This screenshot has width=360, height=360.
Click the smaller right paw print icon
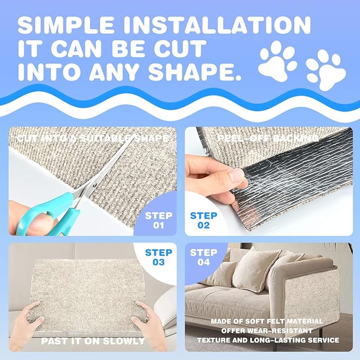[x=325, y=68]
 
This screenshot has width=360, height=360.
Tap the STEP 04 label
[x=204, y=257]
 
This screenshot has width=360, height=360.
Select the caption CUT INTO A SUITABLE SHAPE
[x=92, y=138]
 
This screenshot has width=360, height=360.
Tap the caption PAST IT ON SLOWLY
[x=92, y=341]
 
